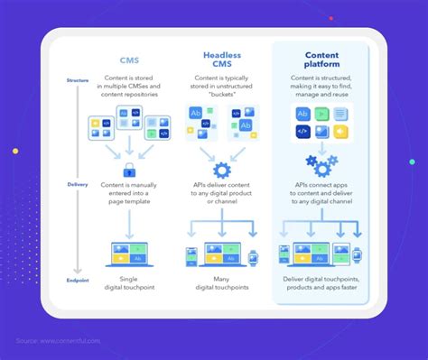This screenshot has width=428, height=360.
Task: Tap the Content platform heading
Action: (320, 60)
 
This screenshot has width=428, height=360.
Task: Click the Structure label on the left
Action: (78, 81)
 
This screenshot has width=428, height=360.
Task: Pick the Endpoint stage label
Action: (78, 281)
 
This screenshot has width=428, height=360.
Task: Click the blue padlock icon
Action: (129, 170)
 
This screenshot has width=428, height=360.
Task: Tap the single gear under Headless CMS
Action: (222, 170)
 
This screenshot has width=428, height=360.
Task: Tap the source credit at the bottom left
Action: (57, 340)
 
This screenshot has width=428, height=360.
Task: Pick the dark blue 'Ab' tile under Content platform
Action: (302, 115)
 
